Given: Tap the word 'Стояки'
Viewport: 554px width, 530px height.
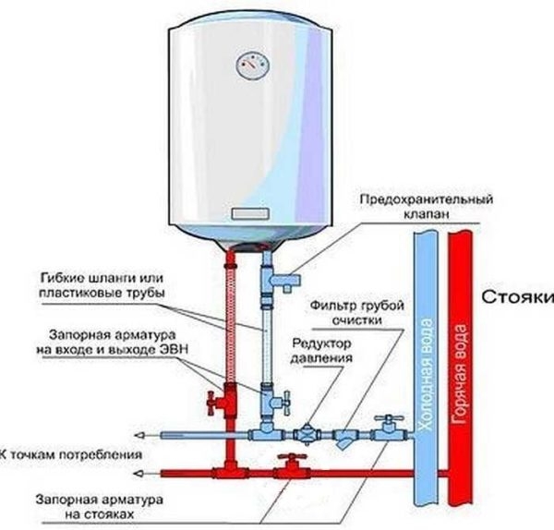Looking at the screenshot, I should [517, 297].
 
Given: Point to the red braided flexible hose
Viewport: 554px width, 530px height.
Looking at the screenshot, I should [227, 314].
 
